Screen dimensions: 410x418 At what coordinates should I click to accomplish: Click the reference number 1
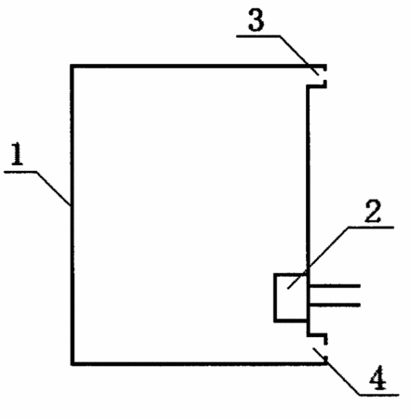tap(18, 154)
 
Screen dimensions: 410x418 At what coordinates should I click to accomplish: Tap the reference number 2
tap(372, 211)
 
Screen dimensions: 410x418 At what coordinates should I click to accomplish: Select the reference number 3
tap(256, 20)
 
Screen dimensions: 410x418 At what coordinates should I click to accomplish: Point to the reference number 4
tap(378, 377)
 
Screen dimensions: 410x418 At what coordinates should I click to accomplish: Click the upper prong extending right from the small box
tap(335, 286)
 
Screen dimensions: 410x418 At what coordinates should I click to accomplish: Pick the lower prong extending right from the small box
tap(335, 305)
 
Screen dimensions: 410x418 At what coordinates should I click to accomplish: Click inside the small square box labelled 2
tap(291, 297)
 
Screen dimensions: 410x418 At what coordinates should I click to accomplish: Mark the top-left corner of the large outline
tap(72, 66)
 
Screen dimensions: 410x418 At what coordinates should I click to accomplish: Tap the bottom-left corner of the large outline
tap(73, 363)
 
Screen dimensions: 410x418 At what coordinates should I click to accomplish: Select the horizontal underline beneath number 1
tap(20, 172)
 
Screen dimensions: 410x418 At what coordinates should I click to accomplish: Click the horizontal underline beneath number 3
tap(258, 36)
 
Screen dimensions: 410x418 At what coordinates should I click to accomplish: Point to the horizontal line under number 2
tap(370, 228)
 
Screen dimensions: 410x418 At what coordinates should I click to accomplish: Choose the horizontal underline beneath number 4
tap(379, 395)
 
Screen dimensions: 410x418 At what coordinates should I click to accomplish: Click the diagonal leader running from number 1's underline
tap(53, 189)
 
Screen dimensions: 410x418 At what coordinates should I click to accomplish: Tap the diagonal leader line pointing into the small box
tap(317, 258)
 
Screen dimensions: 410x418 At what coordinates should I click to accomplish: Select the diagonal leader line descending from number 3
tap(299, 56)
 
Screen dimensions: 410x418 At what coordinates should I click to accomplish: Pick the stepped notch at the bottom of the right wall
tap(317, 335)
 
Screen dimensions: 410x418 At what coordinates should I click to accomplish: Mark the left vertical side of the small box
tap(275, 297)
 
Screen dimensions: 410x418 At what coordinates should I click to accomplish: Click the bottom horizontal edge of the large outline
tap(199, 363)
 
